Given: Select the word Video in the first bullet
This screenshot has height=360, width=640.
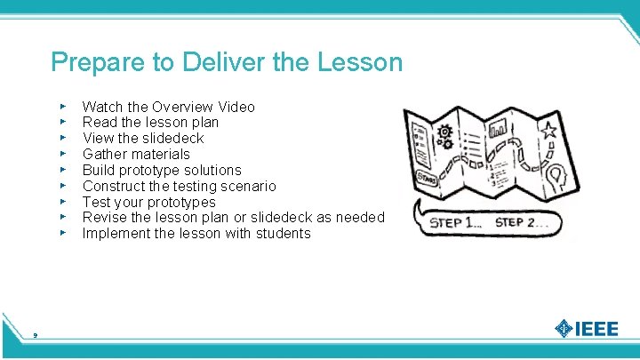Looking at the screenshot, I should pyautogui.click(x=235, y=108).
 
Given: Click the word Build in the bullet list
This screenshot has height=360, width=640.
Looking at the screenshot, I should pyautogui.click(x=98, y=170).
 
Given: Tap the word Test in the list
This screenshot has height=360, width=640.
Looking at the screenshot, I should pyautogui.click(x=96, y=202).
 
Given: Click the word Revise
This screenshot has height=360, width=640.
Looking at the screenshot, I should pyautogui.click(x=104, y=218).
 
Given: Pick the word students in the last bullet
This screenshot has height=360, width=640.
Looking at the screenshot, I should pyautogui.click(x=281, y=234).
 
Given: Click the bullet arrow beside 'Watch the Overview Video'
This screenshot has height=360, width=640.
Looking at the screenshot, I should pyautogui.click(x=63, y=107).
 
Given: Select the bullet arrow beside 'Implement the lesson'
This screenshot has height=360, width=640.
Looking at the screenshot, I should pyautogui.click(x=63, y=233).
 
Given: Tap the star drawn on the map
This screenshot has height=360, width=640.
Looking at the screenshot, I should pyautogui.click(x=548, y=132).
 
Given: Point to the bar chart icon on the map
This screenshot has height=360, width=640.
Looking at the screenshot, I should pyautogui.click(x=500, y=132).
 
